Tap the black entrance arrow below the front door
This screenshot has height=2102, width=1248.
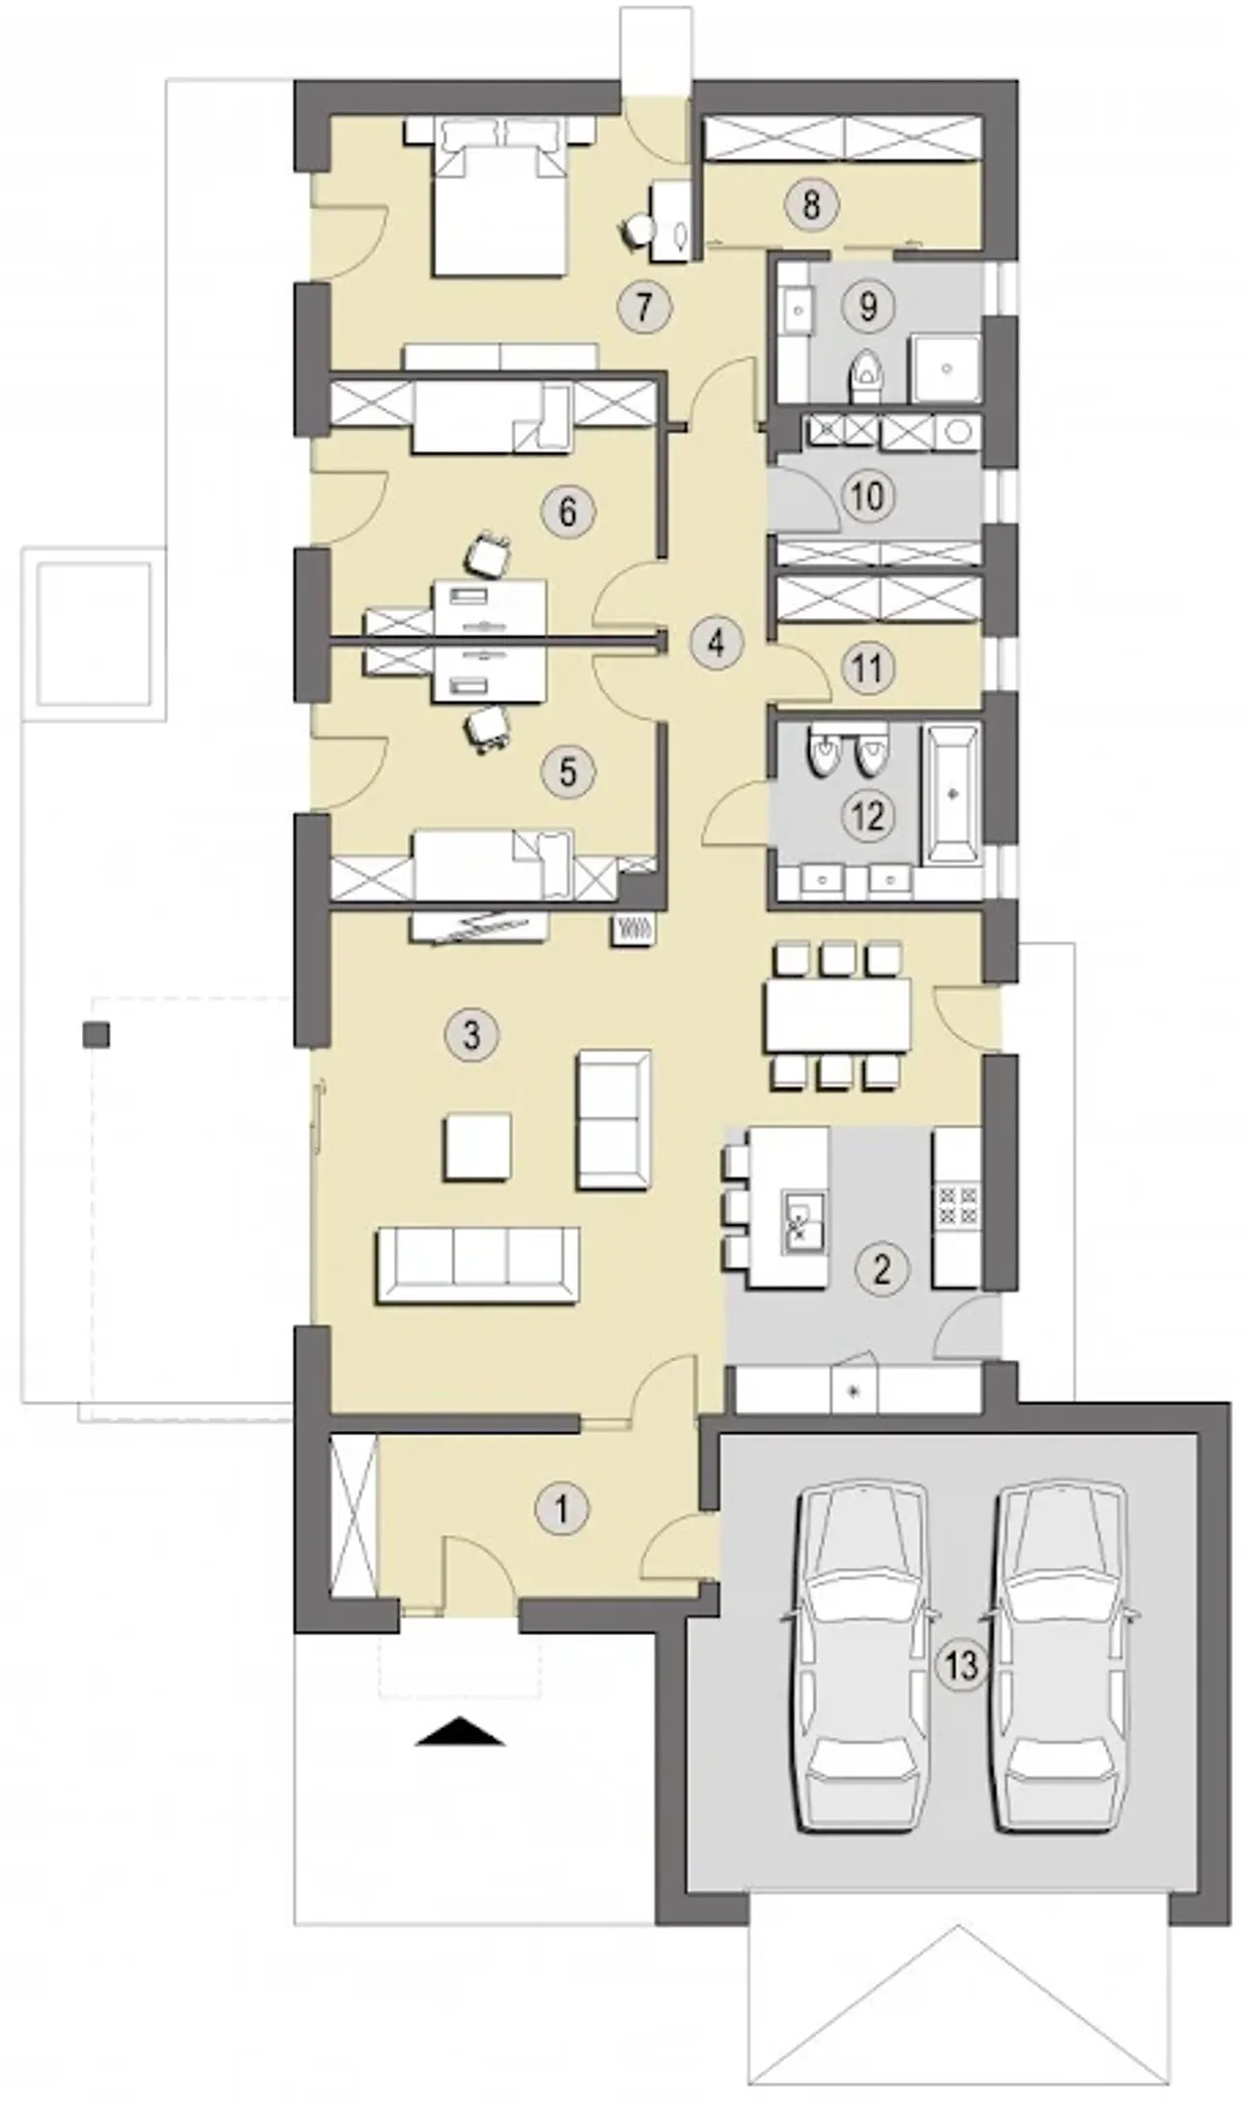coord(460,1734)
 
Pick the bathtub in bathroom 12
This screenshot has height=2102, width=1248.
coord(951,793)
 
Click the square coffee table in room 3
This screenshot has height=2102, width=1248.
coord(477,1148)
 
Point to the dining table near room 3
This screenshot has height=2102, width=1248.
coord(838,1014)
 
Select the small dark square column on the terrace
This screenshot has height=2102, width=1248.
coord(97,1034)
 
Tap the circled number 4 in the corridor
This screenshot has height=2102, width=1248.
coord(717,642)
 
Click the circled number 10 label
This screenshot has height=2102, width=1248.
coord(867,496)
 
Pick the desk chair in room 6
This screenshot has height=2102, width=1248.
coord(488,557)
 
